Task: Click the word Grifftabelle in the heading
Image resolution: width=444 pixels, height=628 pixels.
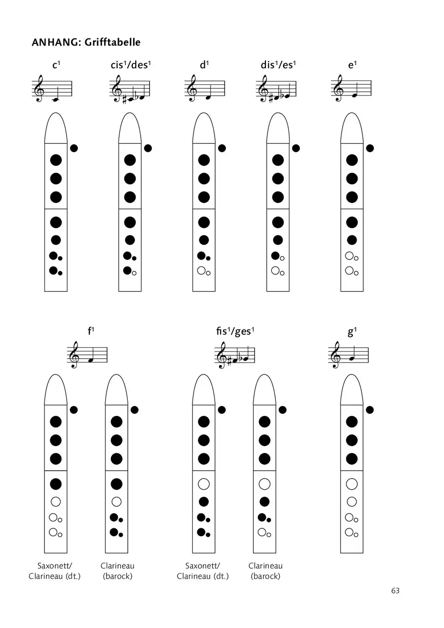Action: click(x=112, y=42)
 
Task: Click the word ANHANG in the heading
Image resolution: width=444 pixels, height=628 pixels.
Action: click(x=56, y=42)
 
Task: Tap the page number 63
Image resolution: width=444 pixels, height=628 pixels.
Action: click(x=395, y=591)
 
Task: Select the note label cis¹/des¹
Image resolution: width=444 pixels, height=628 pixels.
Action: click(x=131, y=65)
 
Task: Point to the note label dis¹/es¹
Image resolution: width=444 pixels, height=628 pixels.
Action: click(x=278, y=65)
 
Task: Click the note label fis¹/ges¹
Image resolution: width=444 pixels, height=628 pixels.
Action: click(x=235, y=331)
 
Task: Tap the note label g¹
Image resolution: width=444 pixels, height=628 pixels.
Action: click(x=352, y=332)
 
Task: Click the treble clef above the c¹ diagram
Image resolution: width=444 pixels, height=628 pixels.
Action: click(x=38, y=88)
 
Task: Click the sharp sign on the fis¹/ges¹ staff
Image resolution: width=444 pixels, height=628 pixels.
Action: click(x=229, y=362)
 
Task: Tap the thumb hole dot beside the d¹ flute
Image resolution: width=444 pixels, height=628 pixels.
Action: click(x=222, y=148)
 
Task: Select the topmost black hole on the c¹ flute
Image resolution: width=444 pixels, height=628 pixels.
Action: click(x=56, y=160)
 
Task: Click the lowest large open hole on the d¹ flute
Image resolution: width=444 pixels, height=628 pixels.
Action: click(x=202, y=270)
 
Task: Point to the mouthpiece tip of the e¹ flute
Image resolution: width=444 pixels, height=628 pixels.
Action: click(x=352, y=113)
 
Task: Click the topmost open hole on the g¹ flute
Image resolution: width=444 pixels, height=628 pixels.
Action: click(x=352, y=484)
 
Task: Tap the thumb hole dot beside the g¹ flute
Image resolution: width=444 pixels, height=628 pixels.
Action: click(x=370, y=410)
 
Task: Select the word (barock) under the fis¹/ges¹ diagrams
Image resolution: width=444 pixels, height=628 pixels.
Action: click(x=265, y=576)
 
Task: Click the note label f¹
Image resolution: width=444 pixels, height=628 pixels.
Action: click(x=91, y=331)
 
